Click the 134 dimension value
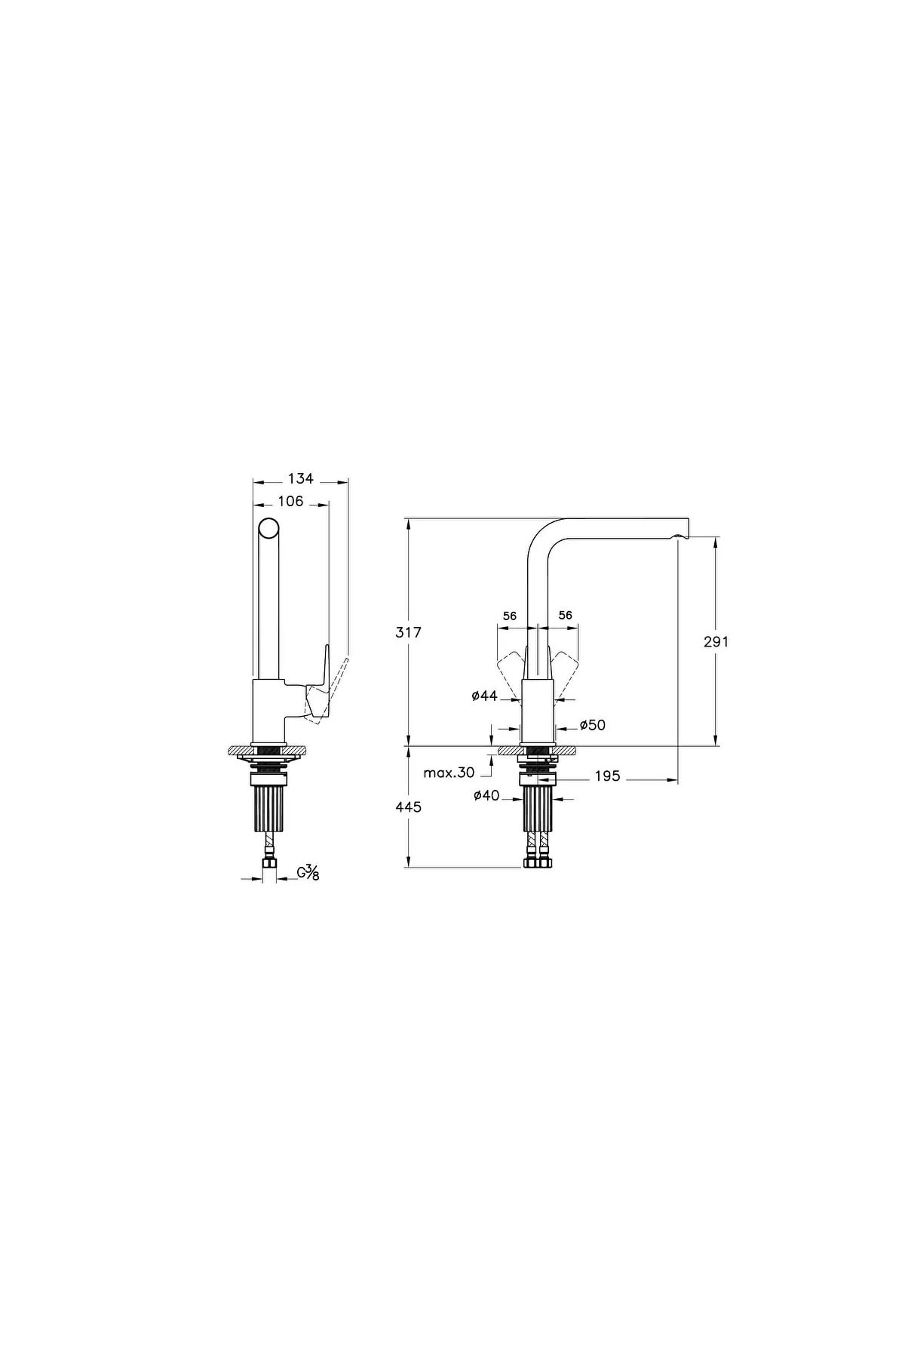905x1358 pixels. tap(300, 478)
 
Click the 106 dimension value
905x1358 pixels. tap(290, 501)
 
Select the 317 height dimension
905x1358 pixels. tap(409, 632)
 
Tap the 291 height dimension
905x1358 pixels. tap(716, 641)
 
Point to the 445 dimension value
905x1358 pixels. tap(409, 807)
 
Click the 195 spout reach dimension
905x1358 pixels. tap(607, 776)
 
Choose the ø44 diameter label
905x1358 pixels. tap(485, 696)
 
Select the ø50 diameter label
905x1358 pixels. tap(592, 725)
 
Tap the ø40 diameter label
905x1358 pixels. tap(486, 794)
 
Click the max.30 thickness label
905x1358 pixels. tap(449, 773)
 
